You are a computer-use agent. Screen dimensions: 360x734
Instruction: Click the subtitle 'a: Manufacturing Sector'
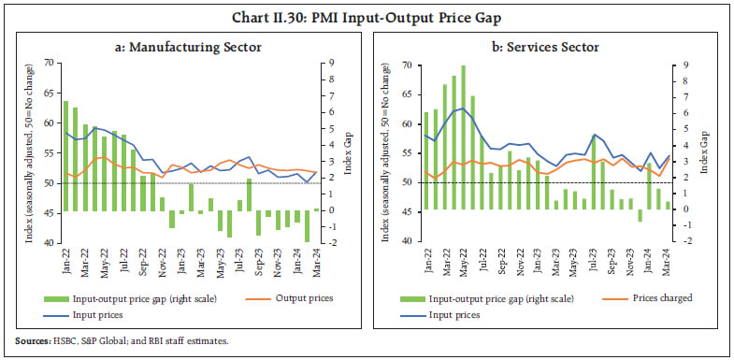(x=185, y=47)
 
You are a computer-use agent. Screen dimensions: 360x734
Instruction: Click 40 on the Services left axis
(x=408, y=241)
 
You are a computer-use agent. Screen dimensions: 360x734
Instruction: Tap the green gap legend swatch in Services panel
(x=411, y=299)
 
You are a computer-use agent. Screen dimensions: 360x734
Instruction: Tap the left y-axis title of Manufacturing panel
(x=28, y=152)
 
